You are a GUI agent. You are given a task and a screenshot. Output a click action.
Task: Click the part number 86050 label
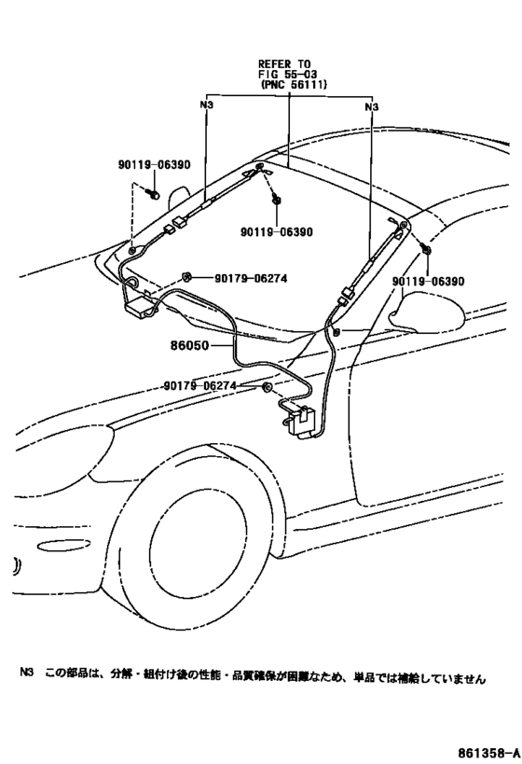coord(189,345)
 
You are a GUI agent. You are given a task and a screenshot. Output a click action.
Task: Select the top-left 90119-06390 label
coord(154,165)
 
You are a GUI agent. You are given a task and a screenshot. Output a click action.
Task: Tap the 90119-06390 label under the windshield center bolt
coord(277,232)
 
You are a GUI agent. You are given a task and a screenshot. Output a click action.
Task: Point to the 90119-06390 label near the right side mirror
coord(429,281)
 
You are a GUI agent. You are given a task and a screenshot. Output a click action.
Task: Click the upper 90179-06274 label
coord(251,278)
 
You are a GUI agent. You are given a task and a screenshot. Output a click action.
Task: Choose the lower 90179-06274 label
coord(199,386)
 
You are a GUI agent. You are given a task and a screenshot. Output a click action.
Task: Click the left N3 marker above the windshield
coord(206,104)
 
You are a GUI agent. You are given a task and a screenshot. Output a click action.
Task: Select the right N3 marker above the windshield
coord(372,106)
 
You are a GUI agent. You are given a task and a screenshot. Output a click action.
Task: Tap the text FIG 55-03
coord(288,74)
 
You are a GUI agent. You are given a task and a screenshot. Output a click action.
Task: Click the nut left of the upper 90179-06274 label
coord(185,277)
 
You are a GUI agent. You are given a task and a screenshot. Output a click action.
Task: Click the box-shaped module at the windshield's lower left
coord(140,308)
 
